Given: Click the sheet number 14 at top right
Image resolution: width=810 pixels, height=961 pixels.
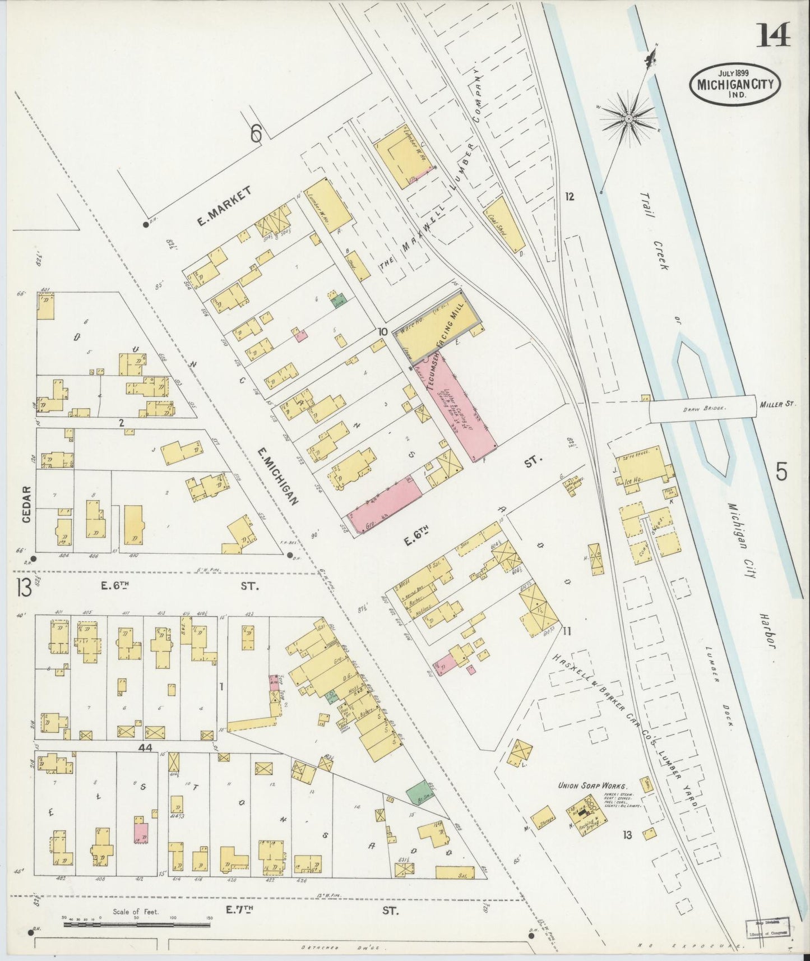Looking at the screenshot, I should click(x=774, y=34).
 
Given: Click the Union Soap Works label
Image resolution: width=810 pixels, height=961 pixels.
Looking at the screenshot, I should click(x=591, y=786).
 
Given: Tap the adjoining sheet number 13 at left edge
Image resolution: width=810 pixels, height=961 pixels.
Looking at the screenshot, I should click(x=24, y=588).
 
